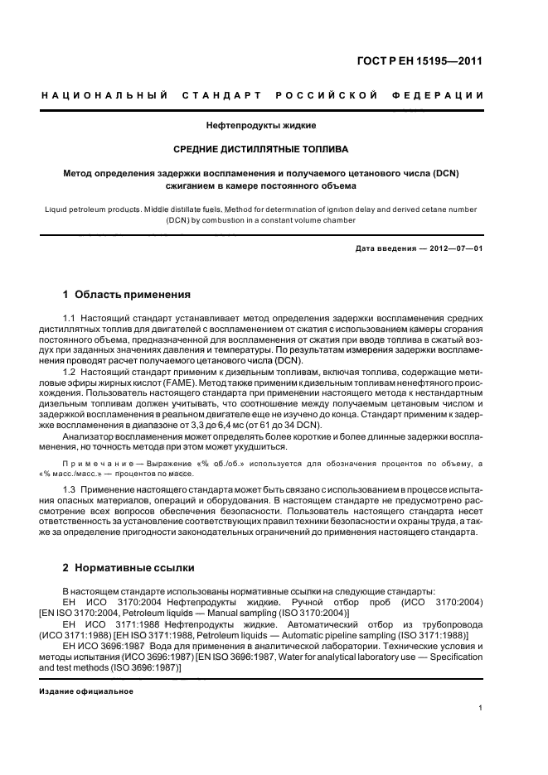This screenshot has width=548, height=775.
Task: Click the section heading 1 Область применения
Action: (127, 295)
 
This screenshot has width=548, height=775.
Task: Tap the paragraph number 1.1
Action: (70, 319)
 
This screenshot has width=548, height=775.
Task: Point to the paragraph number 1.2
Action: (70, 372)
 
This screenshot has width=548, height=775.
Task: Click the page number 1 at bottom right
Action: (482, 708)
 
